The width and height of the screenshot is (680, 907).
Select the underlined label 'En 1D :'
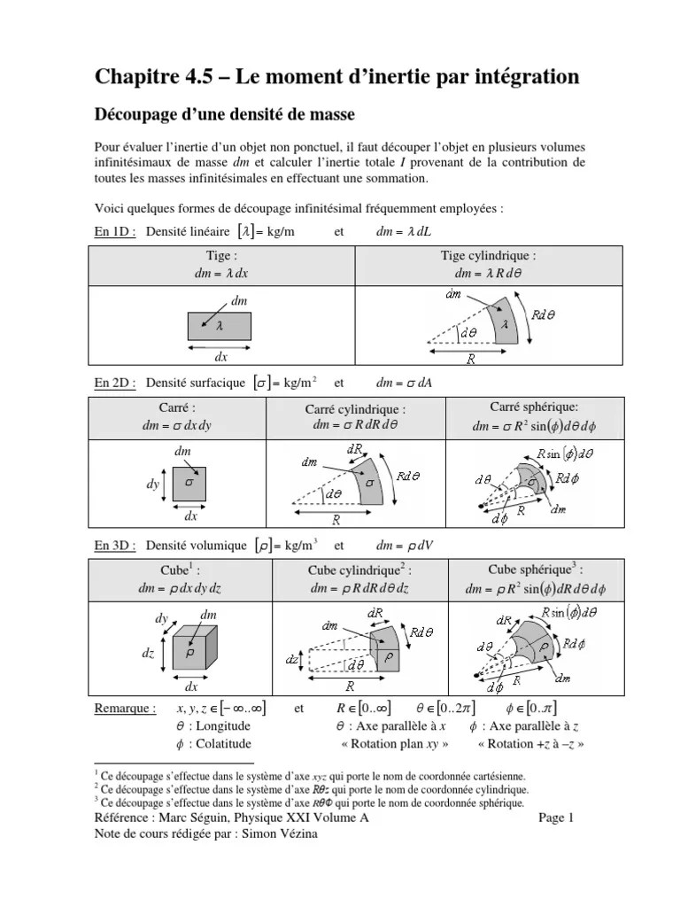(115, 231)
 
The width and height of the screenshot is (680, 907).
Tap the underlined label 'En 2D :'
(115, 384)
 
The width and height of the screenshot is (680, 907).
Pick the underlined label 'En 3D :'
(115, 546)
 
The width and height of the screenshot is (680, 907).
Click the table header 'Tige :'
(221, 256)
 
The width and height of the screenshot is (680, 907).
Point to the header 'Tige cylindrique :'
(489, 256)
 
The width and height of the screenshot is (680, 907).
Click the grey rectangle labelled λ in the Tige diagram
(220, 327)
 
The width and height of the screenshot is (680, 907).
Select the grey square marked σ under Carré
(190, 484)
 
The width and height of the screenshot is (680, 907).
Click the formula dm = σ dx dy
(177, 426)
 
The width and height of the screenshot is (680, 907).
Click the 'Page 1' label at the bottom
(557, 818)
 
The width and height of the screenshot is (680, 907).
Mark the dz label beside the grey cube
(147, 653)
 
